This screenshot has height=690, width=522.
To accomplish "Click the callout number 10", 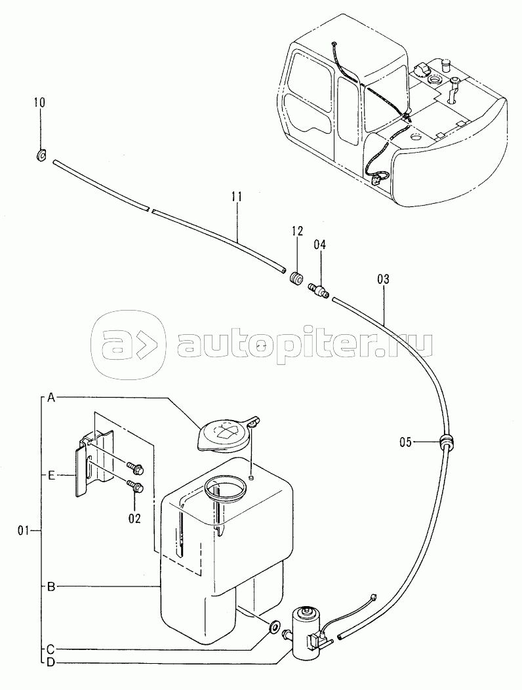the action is [x=39, y=102].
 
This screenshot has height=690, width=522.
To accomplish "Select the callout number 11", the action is [x=237, y=196].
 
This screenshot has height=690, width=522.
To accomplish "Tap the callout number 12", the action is [x=297, y=231].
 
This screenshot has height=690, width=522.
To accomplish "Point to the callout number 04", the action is [x=320, y=245].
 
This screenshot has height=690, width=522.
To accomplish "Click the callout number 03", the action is [x=383, y=279].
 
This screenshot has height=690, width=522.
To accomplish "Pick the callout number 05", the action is [x=406, y=442].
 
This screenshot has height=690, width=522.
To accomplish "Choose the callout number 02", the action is [x=135, y=518].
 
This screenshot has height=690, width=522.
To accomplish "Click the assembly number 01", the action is [x=24, y=531].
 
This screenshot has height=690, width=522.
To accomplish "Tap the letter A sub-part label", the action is [x=51, y=398].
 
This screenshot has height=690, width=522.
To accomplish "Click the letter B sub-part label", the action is [x=51, y=586].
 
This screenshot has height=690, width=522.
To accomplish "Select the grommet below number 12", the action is [x=296, y=278].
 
